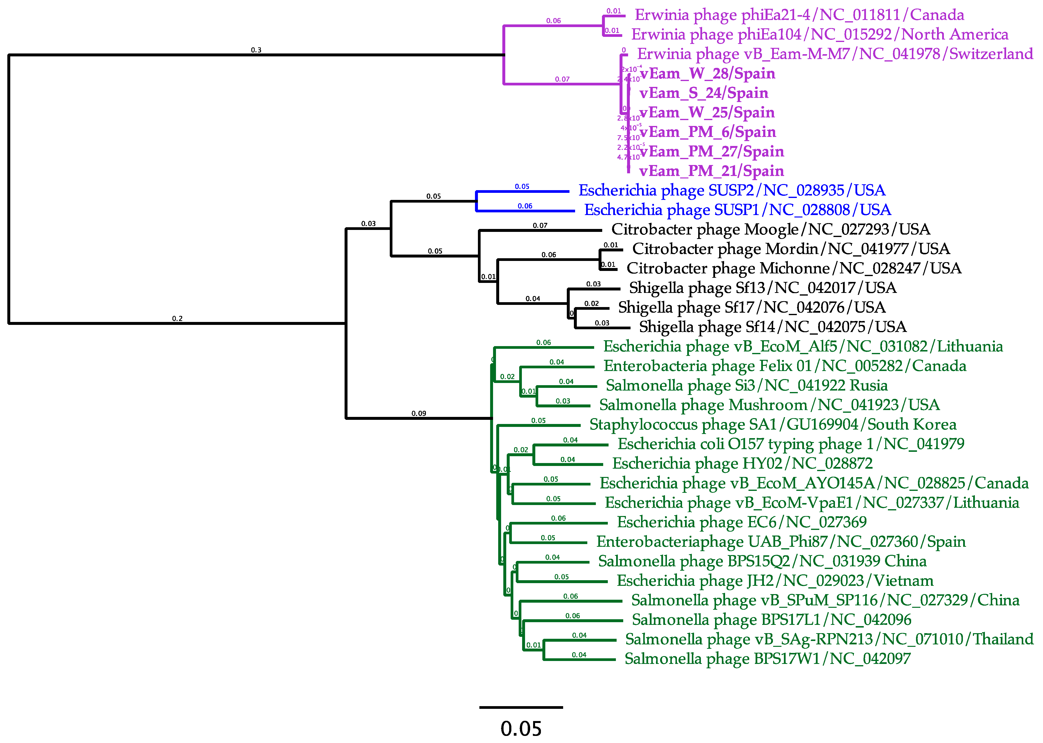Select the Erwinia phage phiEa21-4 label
point(799,15)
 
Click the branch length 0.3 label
point(256,50)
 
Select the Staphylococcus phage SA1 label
point(772,424)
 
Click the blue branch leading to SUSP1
point(525,211)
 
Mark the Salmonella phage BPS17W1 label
point(768,659)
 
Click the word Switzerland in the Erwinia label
point(991,54)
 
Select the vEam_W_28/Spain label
point(707,74)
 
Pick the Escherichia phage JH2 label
point(775,581)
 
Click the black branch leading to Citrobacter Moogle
point(540,230)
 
